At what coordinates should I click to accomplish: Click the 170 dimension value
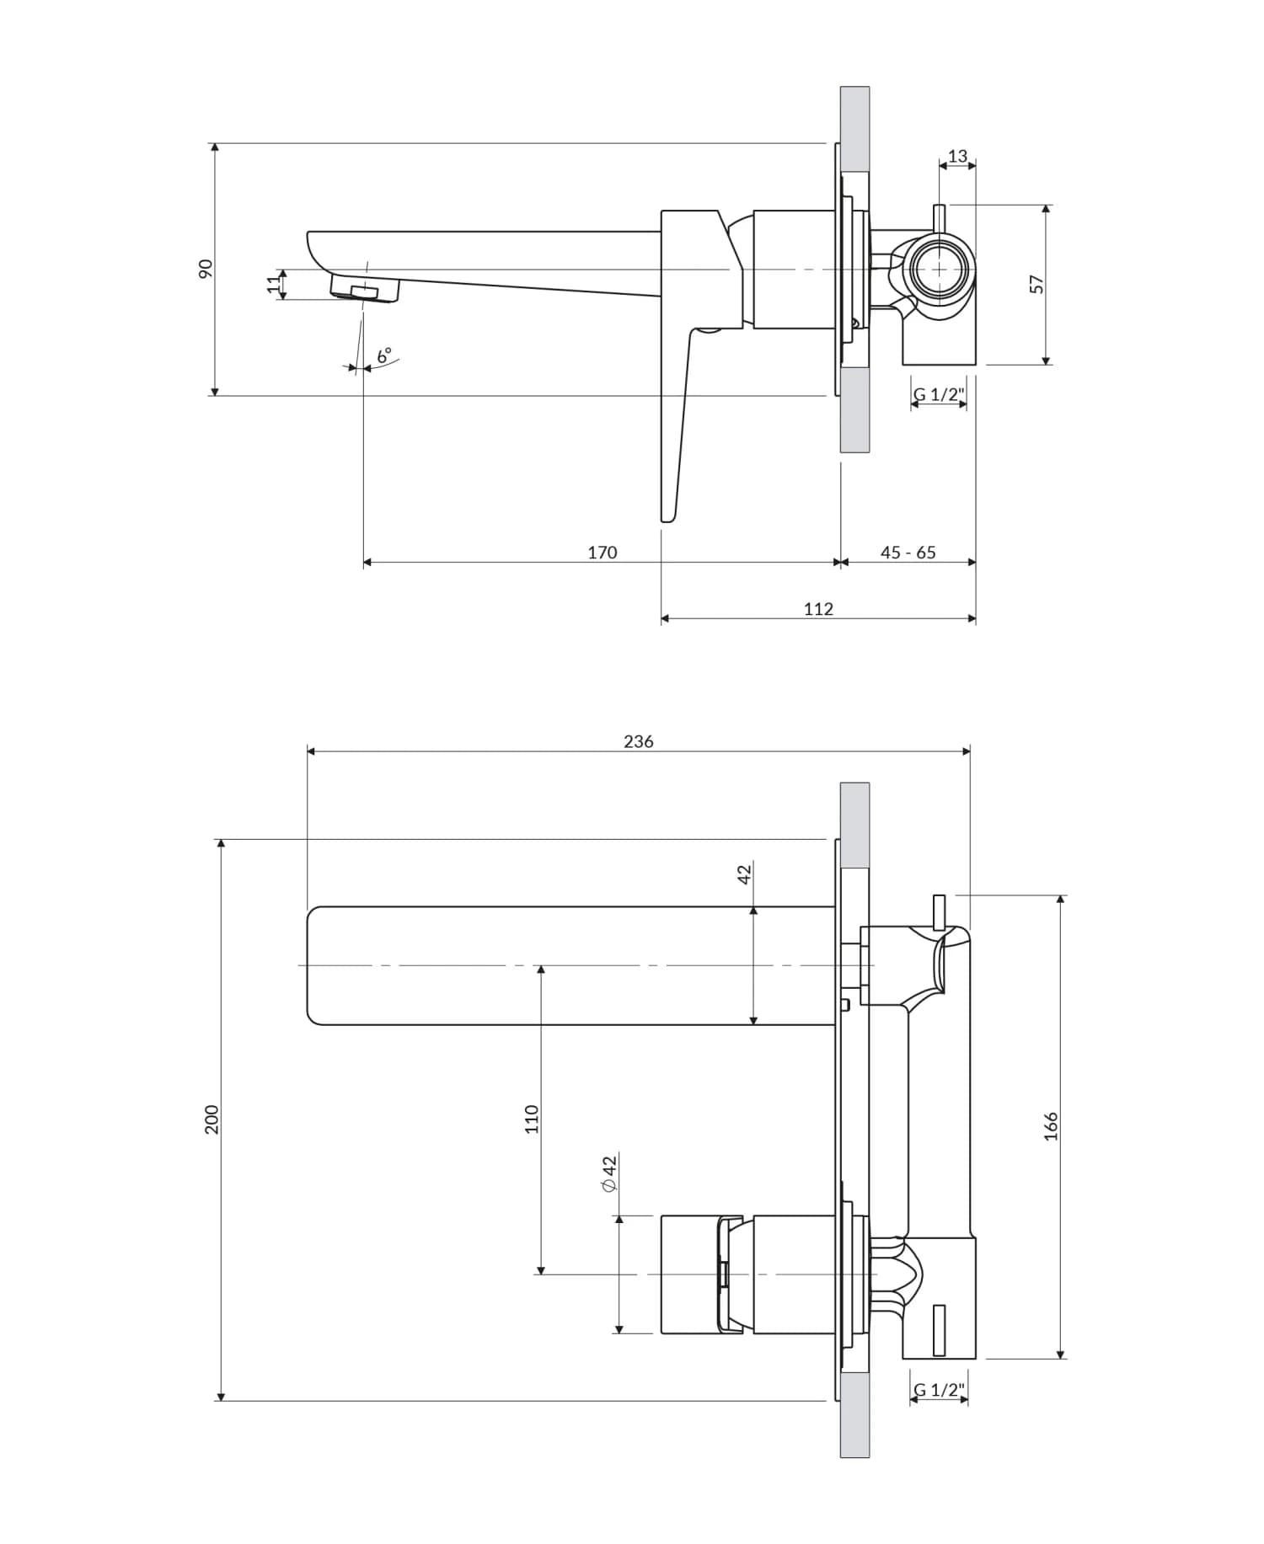tap(602, 553)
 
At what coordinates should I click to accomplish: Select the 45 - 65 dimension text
tap(908, 553)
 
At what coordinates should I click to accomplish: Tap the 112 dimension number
tap(817, 609)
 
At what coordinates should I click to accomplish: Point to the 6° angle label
tap(384, 355)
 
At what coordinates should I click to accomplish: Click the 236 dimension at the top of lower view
tap(638, 741)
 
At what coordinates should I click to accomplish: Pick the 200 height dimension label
tap(212, 1119)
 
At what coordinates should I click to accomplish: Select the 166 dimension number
tap(1050, 1126)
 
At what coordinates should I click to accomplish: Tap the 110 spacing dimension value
tap(531, 1119)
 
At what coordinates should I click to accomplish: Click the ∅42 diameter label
tap(609, 1173)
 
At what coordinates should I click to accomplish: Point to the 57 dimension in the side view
tap(1036, 284)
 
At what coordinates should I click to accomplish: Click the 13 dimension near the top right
tap(957, 156)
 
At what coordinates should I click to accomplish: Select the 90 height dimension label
tap(206, 268)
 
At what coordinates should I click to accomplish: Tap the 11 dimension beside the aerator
tap(273, 285)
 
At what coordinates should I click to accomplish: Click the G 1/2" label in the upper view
tap(938, 394)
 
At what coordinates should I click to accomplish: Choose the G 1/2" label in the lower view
tap(938, 1390)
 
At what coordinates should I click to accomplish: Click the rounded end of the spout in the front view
tap(313, 965)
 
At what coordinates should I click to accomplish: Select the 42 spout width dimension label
tap(743, 874)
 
